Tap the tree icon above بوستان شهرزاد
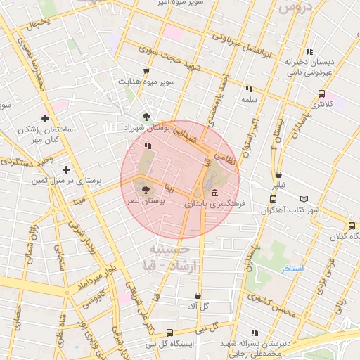146,117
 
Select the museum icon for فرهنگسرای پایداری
214,193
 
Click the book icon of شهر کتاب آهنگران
304,199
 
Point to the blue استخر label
291,269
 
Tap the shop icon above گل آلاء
198,295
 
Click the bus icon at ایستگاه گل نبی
169,333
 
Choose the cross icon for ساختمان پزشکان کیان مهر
46,118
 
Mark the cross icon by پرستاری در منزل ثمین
66,169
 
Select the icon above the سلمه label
248,89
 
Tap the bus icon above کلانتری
321,93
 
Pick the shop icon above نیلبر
279,174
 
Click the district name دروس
294,8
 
